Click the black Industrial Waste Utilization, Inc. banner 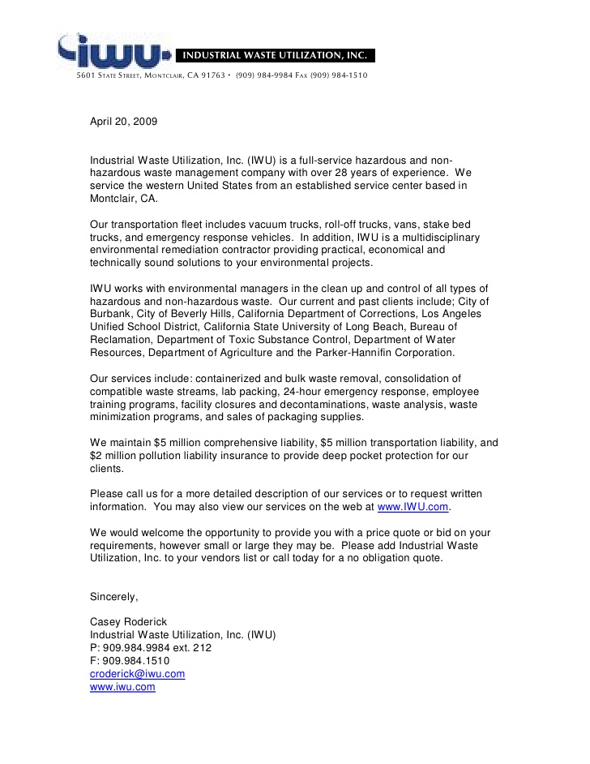tap(275, 56)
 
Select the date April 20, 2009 tap(123, 122)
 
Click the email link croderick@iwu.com tap(137, 674)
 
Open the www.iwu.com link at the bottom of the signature tap(122, 687)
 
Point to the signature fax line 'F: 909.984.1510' tap(130, 661)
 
